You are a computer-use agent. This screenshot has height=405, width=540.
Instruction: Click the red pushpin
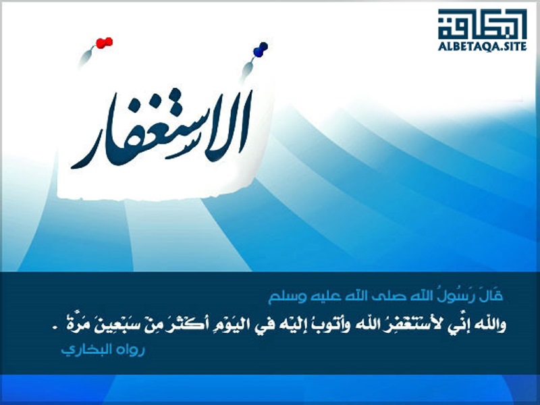tap(105, 43)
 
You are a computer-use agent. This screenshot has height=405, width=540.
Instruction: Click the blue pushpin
tap(261, 49)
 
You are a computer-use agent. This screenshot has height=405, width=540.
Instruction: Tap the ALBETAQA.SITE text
tap(482, 46)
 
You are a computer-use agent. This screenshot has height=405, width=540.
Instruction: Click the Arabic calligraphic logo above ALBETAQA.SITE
tap(482, 24)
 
